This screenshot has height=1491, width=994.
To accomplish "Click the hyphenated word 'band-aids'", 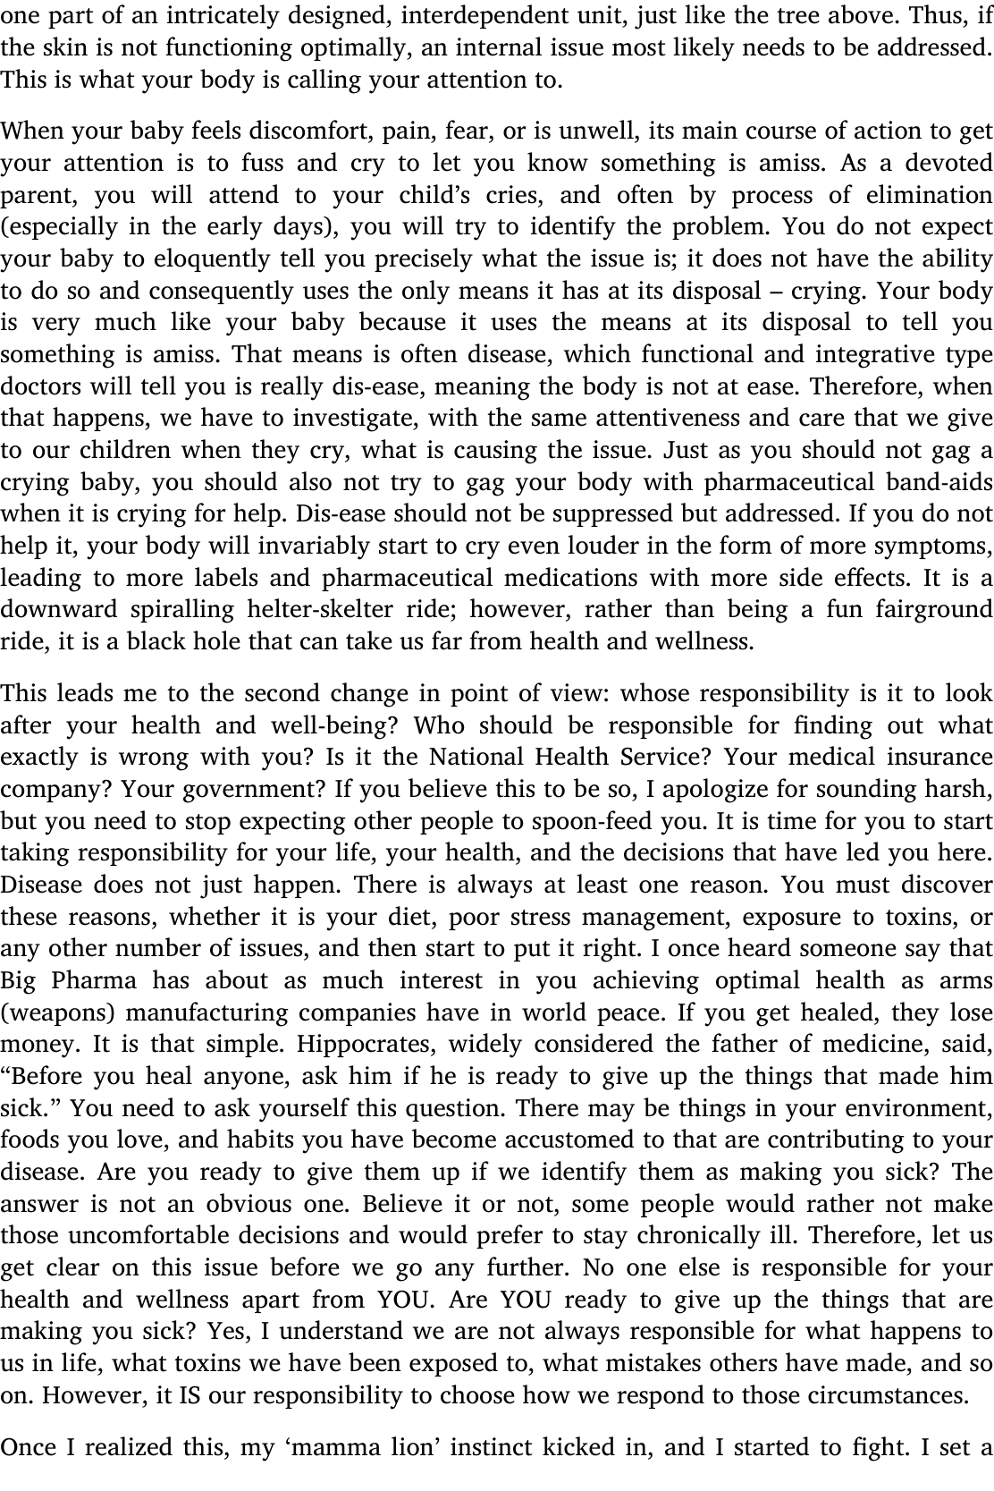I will (x=937, y=483).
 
